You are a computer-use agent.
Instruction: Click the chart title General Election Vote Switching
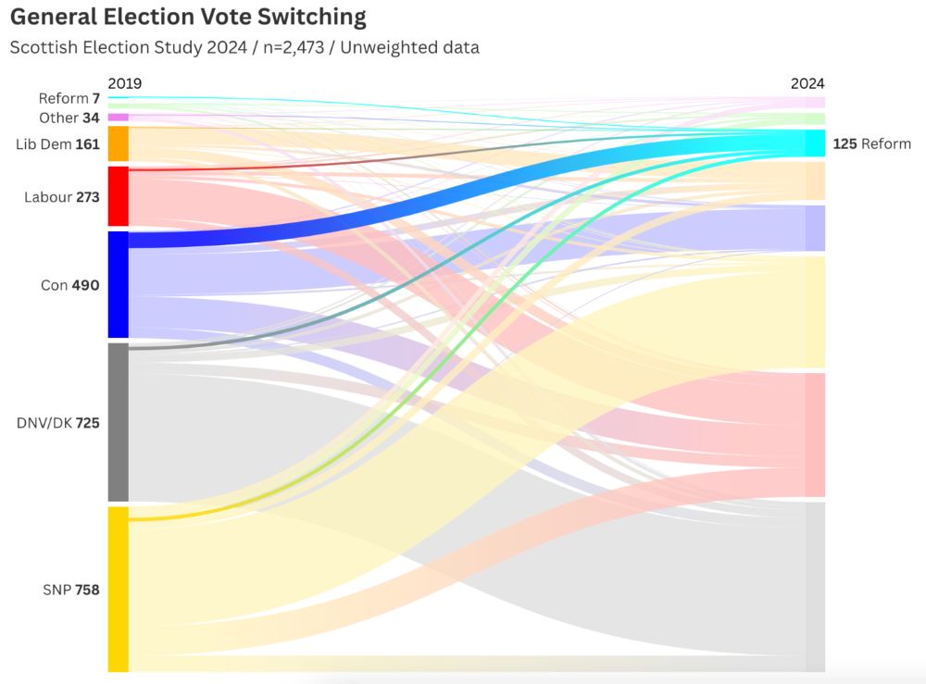coord(188,17)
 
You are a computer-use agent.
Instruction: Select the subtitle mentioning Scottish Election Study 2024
coord(244,47)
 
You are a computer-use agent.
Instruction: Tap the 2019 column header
coord(124,83)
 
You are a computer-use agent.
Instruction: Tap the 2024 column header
coord(807,83)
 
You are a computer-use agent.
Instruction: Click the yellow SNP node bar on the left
coord(119,589)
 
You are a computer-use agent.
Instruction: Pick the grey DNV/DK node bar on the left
coord(119,422)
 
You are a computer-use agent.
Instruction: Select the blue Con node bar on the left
coord(119,284)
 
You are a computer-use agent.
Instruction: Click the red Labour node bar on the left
coord(119,196)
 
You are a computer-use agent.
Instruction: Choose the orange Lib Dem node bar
coord(119,144)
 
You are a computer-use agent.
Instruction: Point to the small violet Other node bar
coord(119,118)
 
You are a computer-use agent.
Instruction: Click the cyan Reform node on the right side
coord(814,143)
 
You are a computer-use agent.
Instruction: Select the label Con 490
coord(70,285)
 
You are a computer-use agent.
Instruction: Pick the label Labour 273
coord(62,197)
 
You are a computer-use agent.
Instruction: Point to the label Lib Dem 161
coord(57,144)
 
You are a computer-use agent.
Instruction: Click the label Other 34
coord(69,118)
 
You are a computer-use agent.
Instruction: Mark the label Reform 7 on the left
coord(69,98)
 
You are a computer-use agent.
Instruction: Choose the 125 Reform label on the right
coord(871,143)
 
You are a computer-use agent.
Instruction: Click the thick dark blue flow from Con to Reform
coord(463,195)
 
